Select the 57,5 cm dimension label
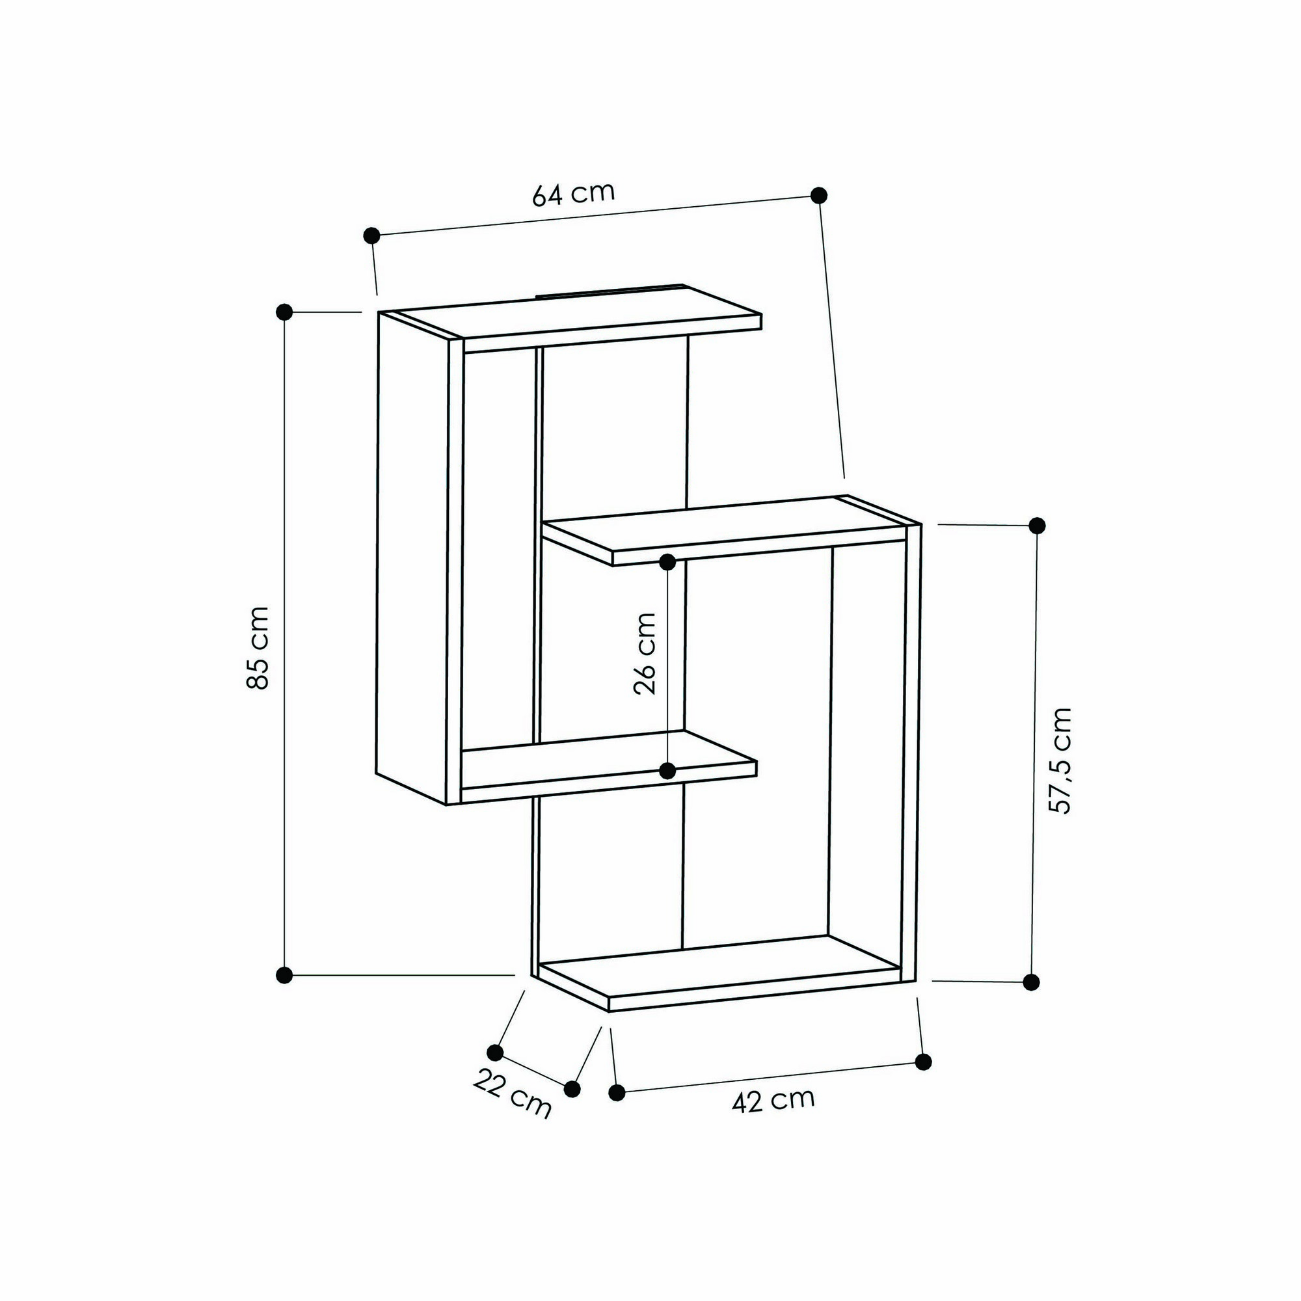(1060, 760)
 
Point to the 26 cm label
(645, 653)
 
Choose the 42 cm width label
(773, 1101)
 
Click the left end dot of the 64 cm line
(371, 235)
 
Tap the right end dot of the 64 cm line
(819, 195)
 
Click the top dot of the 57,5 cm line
(1038, 525)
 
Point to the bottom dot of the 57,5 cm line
(1031, 982)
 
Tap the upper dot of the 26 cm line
(667, 561)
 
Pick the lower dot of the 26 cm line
(667, 771)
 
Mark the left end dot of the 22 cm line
(495, 1053)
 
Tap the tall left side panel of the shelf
(412, 552)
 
